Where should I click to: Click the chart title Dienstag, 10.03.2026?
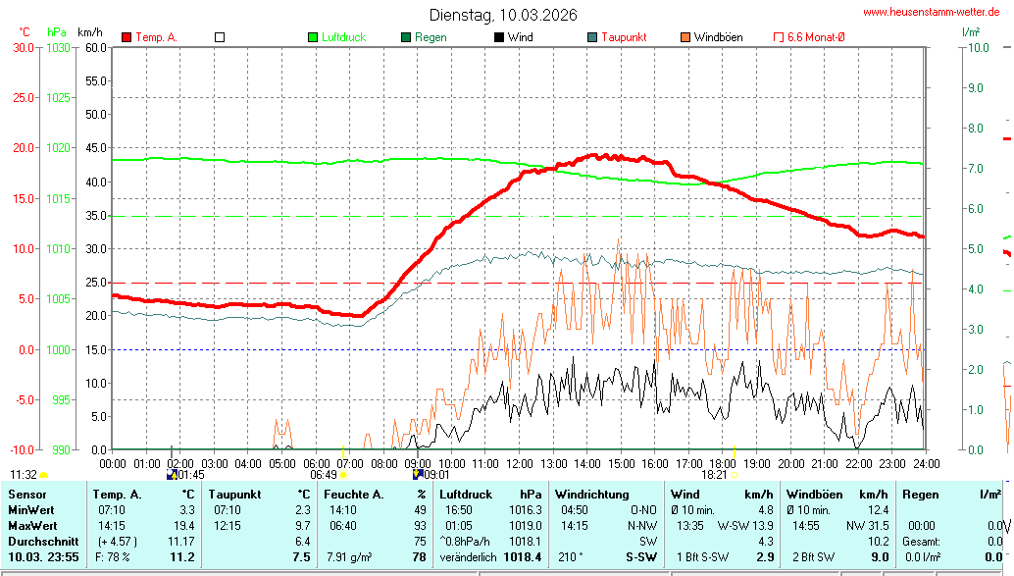click(503, 15)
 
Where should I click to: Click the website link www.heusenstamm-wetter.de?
click(931, 12)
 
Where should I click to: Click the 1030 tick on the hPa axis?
click(58, 47)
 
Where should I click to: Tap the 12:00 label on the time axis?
click(519, 463)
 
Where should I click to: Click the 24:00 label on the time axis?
click(926, 463)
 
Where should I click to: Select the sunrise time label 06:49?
click(324, 474)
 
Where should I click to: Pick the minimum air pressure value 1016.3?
click(525, 510)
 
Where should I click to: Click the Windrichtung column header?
click(591, 495)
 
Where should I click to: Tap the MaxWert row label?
click(31, 526)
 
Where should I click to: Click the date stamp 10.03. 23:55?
click(43, 557)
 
